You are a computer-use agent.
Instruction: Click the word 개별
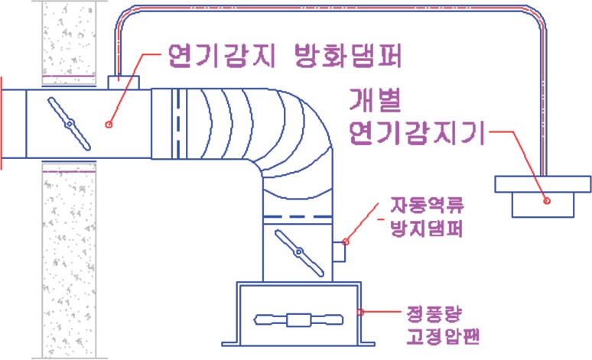pos(376,102)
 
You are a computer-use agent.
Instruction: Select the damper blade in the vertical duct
pos(298,253)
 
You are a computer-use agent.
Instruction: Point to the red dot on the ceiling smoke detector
pos(547,201)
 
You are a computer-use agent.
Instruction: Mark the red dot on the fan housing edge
pos(361,311)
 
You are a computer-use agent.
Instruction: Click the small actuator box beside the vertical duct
pos(340,250)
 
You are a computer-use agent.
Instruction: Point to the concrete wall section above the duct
pos(68,38)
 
